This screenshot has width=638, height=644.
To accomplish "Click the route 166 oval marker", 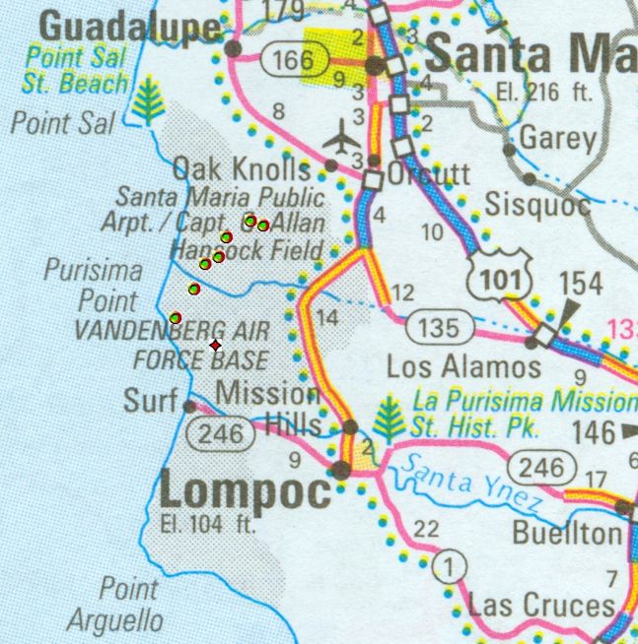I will [x=294, y=62].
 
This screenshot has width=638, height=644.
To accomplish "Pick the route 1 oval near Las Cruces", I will [x=449, y=566].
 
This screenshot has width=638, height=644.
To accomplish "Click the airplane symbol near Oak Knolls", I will [x=341, y=138].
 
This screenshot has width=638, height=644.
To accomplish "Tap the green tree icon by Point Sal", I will [x=149, y=101].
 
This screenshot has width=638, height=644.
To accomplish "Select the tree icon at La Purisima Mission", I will [x=391, y=419].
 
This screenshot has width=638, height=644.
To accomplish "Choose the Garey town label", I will [x=557, y=138].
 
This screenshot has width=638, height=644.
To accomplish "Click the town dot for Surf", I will [x=189, y=405].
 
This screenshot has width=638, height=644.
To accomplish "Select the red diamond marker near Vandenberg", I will [x=215, y=345].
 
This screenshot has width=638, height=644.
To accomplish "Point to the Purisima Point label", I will [x=94, y=285].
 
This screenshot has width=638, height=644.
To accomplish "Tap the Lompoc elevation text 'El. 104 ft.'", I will [x=205, y=524].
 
